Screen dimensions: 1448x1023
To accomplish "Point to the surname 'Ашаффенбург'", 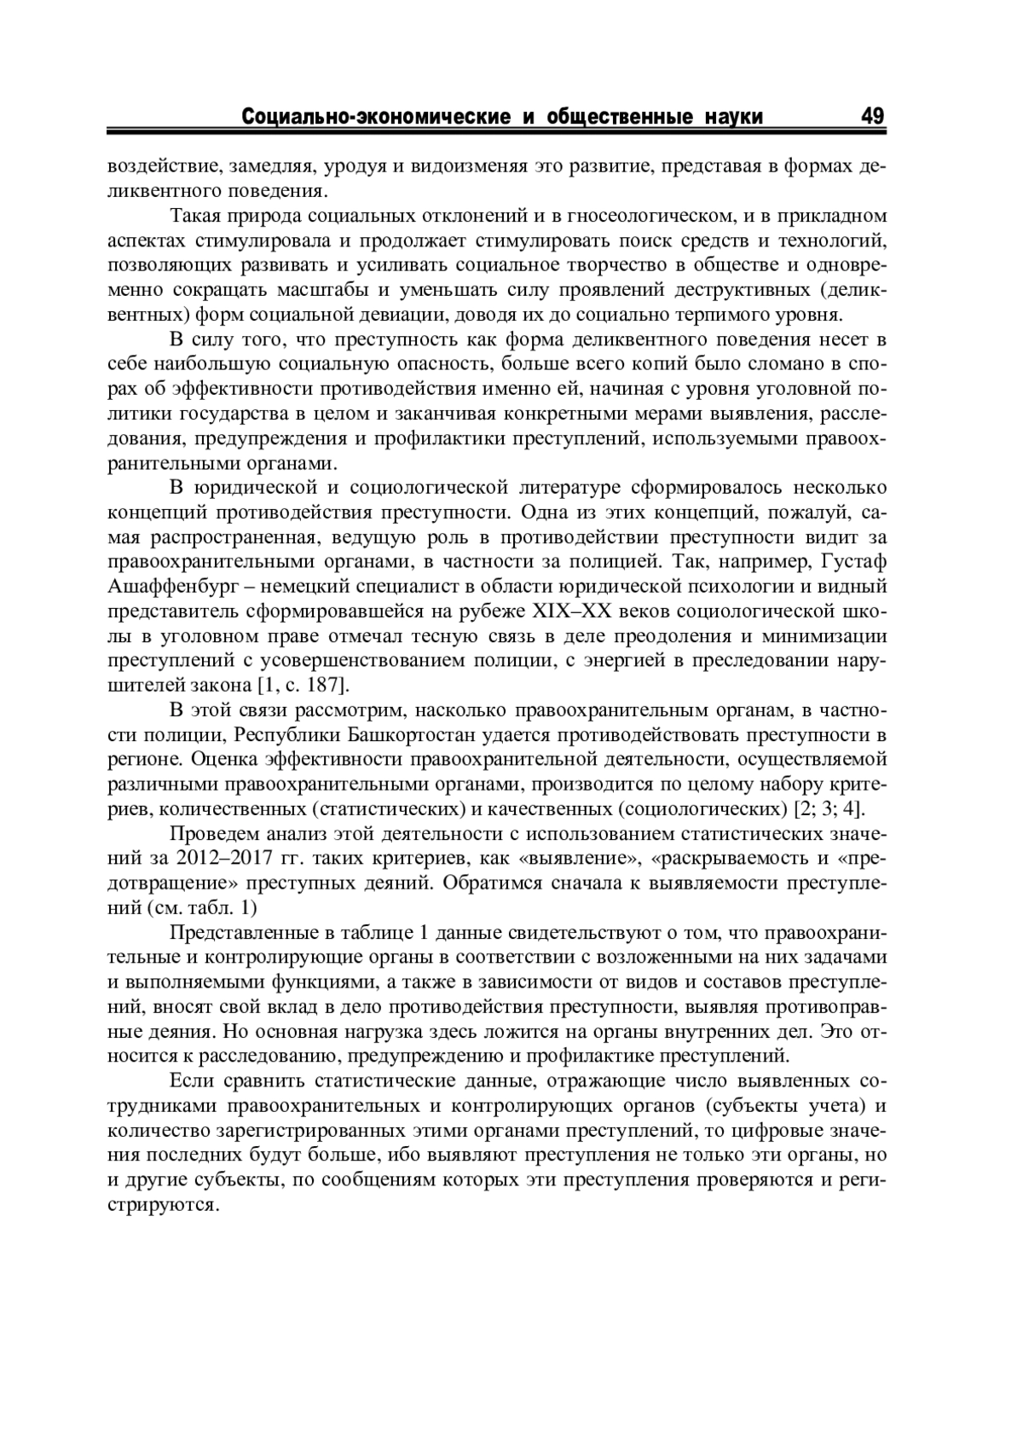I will pos(174,587).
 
